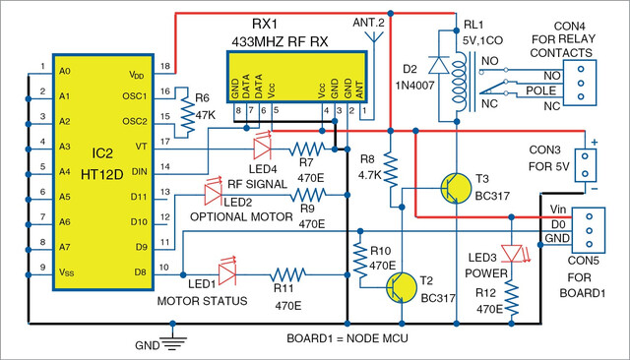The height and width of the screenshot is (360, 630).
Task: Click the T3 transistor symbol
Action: (x=456, y=188)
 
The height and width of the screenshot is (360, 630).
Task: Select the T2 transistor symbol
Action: (x=402, y=288)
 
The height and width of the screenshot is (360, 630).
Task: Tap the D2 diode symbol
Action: (x=438, y=65)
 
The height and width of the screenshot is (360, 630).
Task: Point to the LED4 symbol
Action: (x=262, y=147)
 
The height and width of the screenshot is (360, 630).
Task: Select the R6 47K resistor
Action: (x=187, y=112)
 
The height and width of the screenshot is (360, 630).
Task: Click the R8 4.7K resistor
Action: (x=390, y=169)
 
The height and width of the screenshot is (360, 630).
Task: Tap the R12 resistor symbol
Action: (x=511, y=298)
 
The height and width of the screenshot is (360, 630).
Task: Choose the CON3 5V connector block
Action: (x=585, y=165)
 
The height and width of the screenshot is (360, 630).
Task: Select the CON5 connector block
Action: (x=589, y=230)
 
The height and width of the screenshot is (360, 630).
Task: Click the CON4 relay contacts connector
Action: (x=580, y=83)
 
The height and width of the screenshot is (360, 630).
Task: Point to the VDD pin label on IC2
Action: (x=137, y=75)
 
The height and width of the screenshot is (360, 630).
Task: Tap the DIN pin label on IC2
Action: (x=139, y=172)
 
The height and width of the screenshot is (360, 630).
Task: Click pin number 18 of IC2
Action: (x=165, y=66)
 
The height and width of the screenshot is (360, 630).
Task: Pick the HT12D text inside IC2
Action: (x=102, y=174)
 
